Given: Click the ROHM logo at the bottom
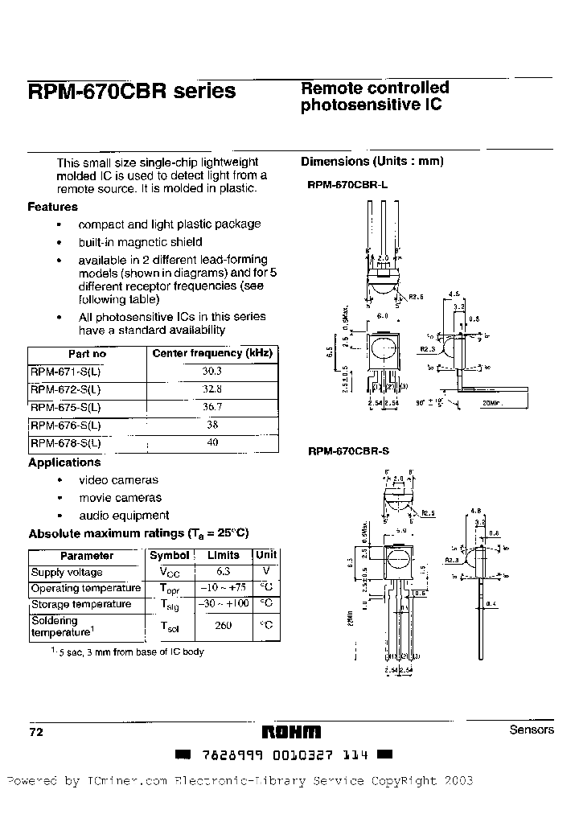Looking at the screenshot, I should (291, 732).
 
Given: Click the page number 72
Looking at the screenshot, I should (35, 732).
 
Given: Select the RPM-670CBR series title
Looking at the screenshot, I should (132, 92).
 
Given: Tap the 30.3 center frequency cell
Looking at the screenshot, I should (212, 371).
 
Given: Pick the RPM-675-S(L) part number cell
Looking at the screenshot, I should (66, 407).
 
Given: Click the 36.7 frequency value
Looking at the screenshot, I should (212, 407).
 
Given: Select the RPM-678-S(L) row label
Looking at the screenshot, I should (66, 443).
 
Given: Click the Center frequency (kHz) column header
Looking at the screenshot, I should (212, 353).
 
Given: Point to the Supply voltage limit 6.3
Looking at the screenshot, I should (223, 572).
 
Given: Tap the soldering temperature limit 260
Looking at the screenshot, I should (223, 625).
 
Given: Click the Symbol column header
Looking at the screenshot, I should (170, 555).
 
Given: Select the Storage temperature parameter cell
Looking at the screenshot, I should (81, 604).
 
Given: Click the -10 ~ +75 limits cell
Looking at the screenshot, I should (223, 588).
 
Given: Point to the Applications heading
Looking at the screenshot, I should (64, 462).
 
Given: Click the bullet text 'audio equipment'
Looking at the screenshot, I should (124, 515).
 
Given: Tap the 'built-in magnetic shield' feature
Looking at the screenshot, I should (140, 242).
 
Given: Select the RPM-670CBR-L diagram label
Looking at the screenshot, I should (347, 184).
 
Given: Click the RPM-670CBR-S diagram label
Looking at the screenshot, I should (348, 451).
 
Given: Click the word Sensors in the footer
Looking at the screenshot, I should (532, 730).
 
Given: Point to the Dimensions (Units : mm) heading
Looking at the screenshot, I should (372, 161).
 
